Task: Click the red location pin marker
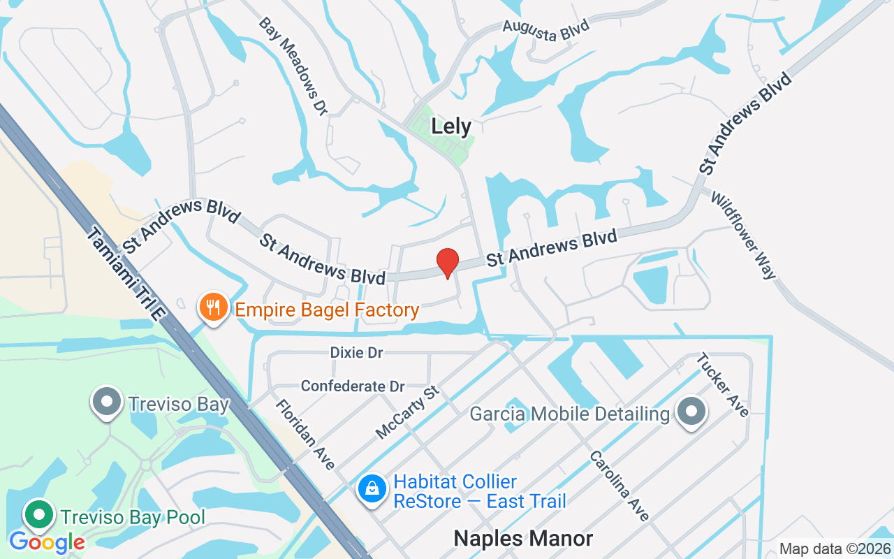pos(448,263)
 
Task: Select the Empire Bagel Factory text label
pos(327,310)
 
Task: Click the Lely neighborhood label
pos(451,126)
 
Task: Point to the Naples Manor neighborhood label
pos(523,538)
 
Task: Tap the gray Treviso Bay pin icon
pos(107,402)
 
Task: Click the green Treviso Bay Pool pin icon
pos(40,515)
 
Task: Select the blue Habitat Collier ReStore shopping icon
pos(373,488)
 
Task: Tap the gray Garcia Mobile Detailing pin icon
pos(691,412)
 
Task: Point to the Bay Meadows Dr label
pos(293,66)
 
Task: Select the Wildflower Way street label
pos(744,235)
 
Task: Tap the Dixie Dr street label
pos(356,353)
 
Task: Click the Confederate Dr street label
pos(353,386)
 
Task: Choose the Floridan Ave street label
pos(305,434)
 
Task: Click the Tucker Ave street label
pos(723,384)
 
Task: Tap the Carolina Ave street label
pos(620,486)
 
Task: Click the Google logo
pos(47,542)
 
